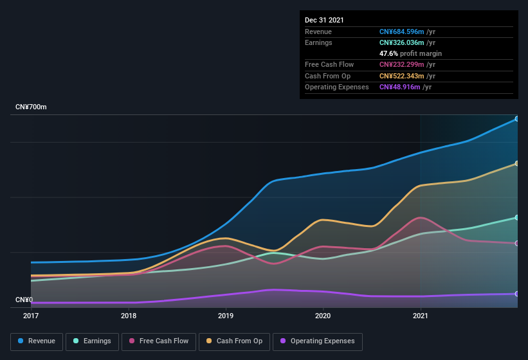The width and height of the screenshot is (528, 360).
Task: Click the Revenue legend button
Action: coord(37,341)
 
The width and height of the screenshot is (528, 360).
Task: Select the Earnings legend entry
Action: coord(92,341)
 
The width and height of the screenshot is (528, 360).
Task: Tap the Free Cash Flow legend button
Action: coord(159,341)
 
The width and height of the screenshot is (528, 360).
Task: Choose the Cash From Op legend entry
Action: coord(234,341)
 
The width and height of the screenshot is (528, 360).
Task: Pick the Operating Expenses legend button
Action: coord(317,341)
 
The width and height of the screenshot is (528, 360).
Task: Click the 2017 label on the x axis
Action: coord(31,316)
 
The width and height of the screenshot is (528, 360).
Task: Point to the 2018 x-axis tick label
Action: coord(129,316)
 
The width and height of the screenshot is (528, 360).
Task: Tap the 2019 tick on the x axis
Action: coord(226,316)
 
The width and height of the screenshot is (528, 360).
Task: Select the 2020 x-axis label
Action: coord(323,316)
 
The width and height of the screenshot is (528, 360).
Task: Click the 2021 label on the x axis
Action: coord(420,316)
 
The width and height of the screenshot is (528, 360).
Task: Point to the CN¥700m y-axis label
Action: coord(32,107)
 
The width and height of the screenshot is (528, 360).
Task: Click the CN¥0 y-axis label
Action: coord(24,300)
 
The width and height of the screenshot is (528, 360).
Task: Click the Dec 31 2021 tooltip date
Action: coord(324,20)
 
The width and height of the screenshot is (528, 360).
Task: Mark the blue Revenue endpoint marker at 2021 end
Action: coord(516,119)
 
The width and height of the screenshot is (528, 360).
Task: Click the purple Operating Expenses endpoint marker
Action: coord(516,294)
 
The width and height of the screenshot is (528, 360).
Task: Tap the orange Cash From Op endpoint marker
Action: coord(516,164)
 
